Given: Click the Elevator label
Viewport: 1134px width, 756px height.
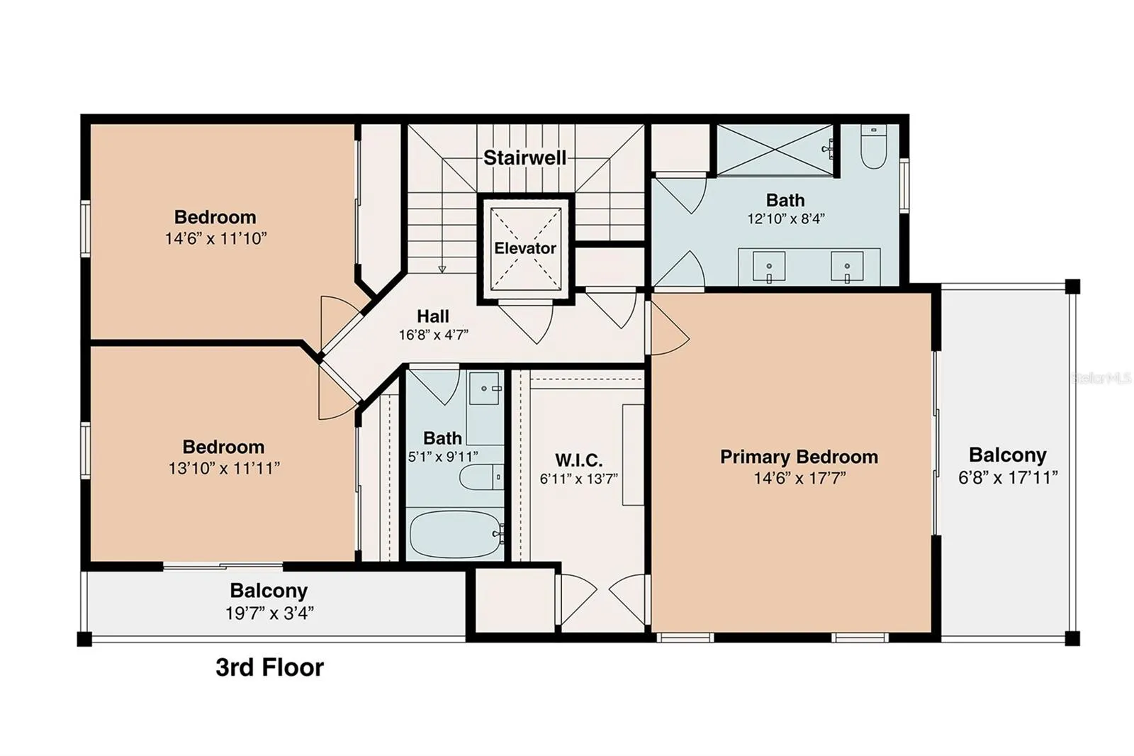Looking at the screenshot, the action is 525,248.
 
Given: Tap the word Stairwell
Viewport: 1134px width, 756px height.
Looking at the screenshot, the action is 525,157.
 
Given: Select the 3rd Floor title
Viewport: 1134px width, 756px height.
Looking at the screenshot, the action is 270,667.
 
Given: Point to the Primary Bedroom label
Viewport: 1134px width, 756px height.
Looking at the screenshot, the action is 799,457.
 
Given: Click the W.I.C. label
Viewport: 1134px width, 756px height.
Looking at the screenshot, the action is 578,460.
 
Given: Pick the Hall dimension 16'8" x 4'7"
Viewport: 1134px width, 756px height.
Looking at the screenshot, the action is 433,335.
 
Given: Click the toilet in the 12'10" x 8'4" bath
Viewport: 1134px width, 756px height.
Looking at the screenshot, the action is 874,146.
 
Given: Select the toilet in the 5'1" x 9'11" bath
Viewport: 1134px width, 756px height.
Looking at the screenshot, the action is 481,477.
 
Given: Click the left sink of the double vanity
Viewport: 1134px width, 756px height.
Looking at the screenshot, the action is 769,267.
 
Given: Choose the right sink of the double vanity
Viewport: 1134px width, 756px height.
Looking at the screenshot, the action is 847,267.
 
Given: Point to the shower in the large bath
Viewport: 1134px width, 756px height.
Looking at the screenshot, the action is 775,150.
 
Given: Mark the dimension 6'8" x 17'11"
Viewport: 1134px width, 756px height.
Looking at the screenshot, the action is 1008,477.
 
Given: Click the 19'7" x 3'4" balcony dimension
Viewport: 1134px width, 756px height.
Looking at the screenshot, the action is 269,613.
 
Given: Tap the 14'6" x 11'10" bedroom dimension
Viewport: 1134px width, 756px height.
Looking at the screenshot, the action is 215,238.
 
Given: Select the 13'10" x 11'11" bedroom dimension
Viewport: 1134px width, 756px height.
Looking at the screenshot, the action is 224,467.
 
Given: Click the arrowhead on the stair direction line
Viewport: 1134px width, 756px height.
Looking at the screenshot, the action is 442,269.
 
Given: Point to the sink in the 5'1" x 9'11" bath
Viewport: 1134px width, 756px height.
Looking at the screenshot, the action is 485,389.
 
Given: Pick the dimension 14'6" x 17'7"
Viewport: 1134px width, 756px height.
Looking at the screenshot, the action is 799,478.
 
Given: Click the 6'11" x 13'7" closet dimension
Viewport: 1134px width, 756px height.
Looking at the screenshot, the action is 578,479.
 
